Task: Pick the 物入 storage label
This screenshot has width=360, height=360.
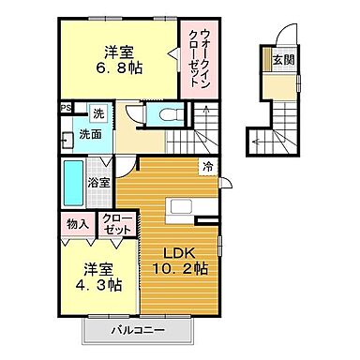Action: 77,224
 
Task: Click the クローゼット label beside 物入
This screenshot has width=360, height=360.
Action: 119,224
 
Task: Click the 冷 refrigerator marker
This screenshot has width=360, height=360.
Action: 206,167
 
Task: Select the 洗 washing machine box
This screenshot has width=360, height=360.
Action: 98,114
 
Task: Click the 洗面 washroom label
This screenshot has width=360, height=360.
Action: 89,135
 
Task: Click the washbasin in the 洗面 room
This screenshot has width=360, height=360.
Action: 66,142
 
